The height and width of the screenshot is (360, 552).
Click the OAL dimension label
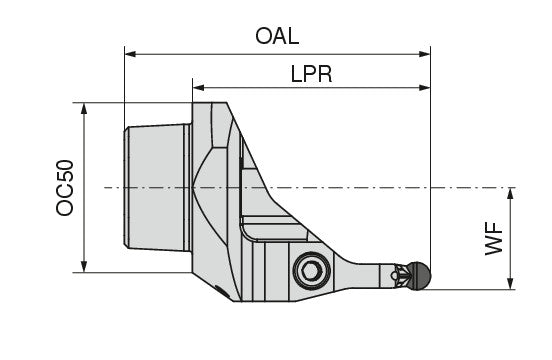pos(277,36)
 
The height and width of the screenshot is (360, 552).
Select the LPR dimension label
pos(311,74)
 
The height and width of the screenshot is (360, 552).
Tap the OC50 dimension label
pos(65,188)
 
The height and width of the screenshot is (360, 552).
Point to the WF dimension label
pos(494,238)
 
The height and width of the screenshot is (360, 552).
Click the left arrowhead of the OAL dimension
pos(130,54)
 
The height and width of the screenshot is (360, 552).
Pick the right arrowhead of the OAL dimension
pos(425,54)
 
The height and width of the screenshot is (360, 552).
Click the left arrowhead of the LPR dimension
pos(199,87)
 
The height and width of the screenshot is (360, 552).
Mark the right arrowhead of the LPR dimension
pos(425,87)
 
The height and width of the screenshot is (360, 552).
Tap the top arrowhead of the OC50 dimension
pos(84,109)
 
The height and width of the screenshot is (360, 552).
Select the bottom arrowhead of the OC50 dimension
pos(84,266)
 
